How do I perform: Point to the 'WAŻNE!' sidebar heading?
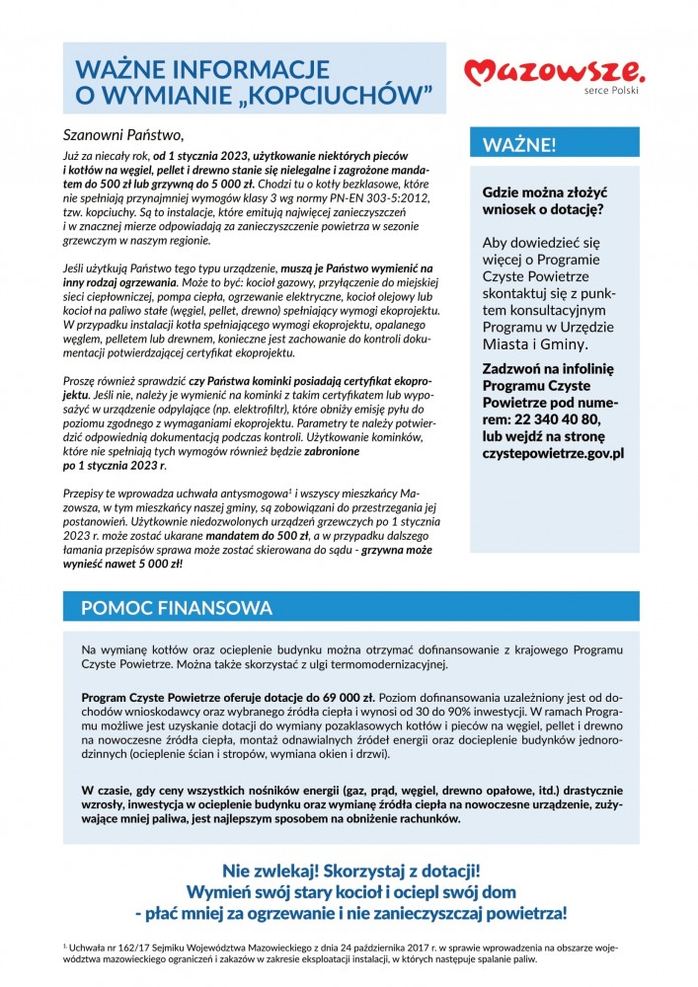(x=518, y=145)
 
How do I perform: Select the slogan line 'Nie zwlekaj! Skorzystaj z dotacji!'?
(x=351, y=872)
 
